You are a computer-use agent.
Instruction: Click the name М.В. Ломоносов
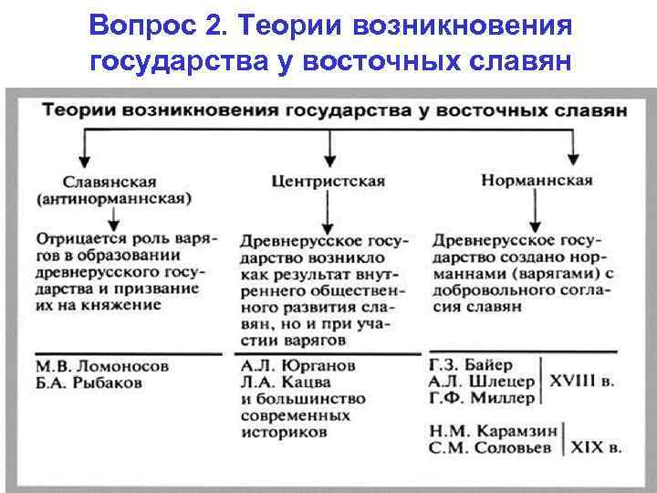coord(102,365)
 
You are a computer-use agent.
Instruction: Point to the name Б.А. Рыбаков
coord(90,383)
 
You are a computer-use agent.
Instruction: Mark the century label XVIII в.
coord(584,382)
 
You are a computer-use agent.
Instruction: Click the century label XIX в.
coord(597,447)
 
